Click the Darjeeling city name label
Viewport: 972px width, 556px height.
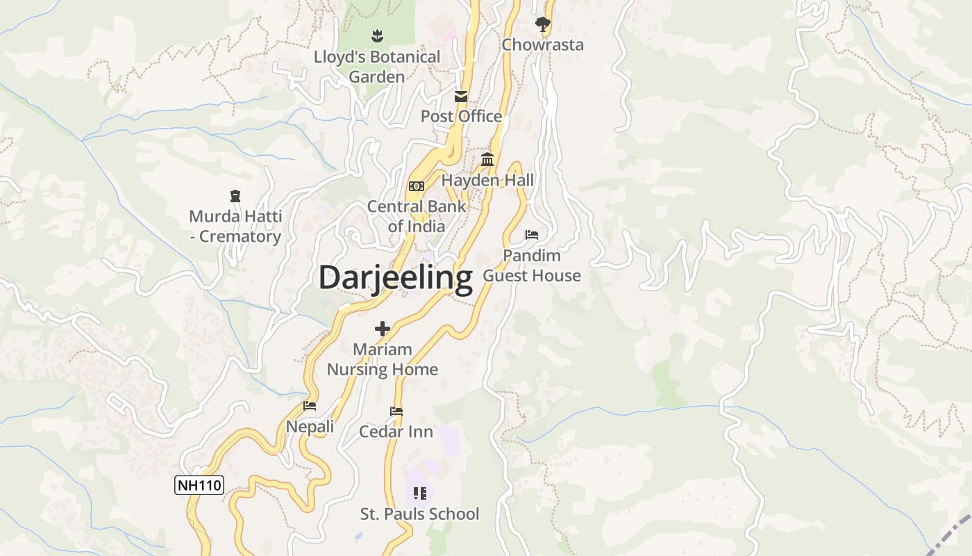(x=396, y=277)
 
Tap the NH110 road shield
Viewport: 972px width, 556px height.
(x=199, y=485)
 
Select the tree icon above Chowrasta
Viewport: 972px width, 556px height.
(x=543, y=25)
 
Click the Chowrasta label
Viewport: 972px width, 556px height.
(x=543, y=45)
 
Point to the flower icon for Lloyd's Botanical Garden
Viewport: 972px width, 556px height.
(x=377, y=35)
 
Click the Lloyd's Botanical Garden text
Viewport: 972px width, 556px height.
(x=377, y=67)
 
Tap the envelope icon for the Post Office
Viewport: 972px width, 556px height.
(x=461, y=97)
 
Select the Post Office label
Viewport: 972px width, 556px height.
(x=461, y=116)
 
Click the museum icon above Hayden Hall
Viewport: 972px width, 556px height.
(x=487, y=161)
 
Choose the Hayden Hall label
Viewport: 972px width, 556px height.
(x=487, y=181)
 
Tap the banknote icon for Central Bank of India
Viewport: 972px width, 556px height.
(x=417, y=186)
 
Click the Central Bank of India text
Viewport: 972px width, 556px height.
(x=417, y=216)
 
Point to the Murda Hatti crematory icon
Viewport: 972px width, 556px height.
(x=235, y=197)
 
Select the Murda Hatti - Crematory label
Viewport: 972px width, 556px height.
(x=235, y=227)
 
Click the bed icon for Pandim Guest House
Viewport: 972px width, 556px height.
(x=532, y=235)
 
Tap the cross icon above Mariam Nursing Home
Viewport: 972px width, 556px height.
(x=383, y=329)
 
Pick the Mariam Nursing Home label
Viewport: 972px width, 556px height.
(x=383, y=359)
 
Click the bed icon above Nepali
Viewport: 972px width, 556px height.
(x=310, y=406)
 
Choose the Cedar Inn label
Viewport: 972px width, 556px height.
(x=396, y=432)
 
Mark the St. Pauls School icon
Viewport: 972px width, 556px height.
(x=419, y=493)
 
